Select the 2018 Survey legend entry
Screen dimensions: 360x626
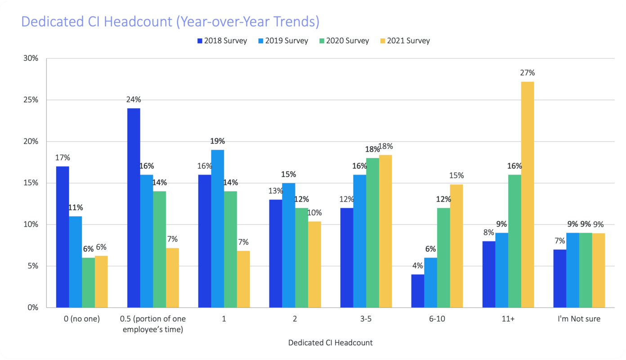[x=222, y=41]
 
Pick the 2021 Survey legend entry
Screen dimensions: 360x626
[x=405, y=41]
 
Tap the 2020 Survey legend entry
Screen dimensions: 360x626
[x=344, y=41]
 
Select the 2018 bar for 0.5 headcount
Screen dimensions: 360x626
[x=134, y=207]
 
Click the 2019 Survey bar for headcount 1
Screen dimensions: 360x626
[x=218, y=229]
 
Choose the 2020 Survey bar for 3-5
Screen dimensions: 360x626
[x=372, y=233]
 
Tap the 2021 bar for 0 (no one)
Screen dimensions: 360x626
[x=101, y=281]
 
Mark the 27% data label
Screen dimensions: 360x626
[x=528, y=73]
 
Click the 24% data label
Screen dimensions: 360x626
[x=134, y=99]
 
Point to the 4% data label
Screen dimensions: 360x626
[x=418, y=266]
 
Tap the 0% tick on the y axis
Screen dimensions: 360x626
[x=33, y=308]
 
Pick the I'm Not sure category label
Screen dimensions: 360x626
[x=579, y=319]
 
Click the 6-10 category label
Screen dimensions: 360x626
[x=437, y=319]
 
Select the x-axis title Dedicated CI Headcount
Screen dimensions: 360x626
[x=330, y=343]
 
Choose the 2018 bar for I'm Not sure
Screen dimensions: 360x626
[x=559, y=279]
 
